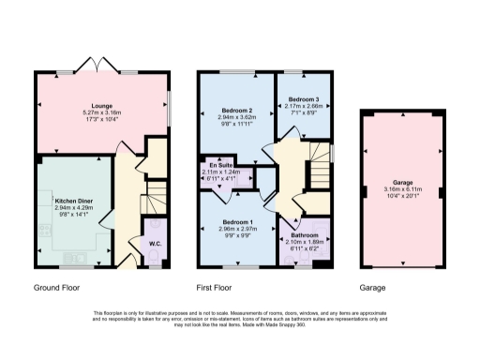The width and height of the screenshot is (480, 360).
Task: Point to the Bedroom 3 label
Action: coord(305,99)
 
